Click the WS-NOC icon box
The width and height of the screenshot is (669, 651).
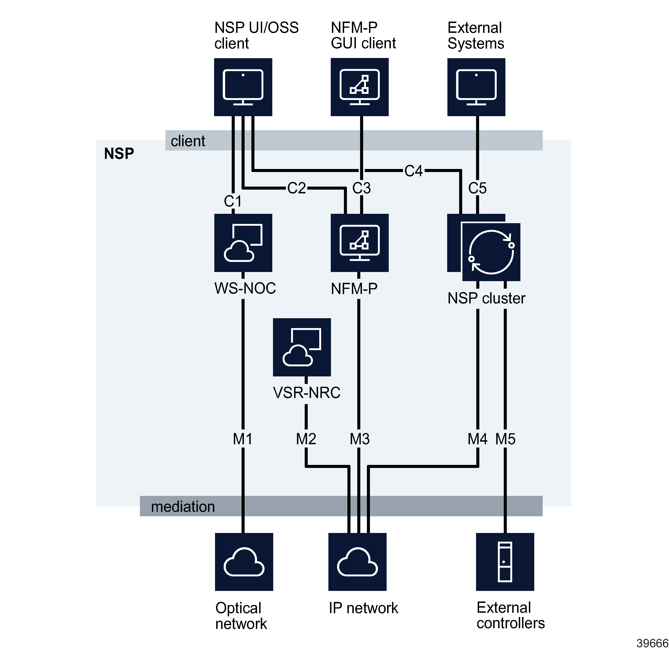point(243,243)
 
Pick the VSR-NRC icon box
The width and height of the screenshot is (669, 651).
point(302,347)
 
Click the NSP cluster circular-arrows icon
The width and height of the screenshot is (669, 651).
point(491,252)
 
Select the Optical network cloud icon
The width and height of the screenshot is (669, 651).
point(244,562)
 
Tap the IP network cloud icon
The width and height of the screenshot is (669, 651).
point(357,562)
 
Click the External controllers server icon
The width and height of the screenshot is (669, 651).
point(505,562)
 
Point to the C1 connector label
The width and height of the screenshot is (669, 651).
point(233,201)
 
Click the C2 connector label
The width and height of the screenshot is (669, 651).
point(296,188)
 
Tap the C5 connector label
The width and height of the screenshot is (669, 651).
point(477,188)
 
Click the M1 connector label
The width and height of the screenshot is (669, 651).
point(242,439)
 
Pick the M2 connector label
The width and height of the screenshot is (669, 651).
point(306,439)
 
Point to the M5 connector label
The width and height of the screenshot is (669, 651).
point(505,439)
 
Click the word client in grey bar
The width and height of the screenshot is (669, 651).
point(188,141)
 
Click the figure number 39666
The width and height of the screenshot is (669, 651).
point(652,643)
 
